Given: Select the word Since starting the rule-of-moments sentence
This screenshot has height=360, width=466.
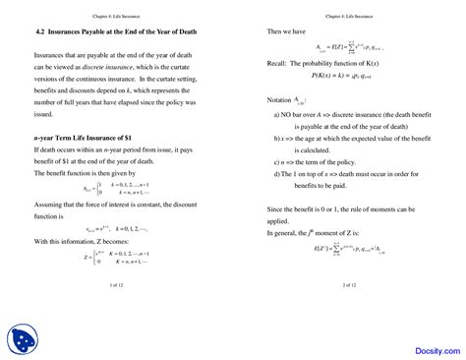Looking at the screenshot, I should click(277, 236).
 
